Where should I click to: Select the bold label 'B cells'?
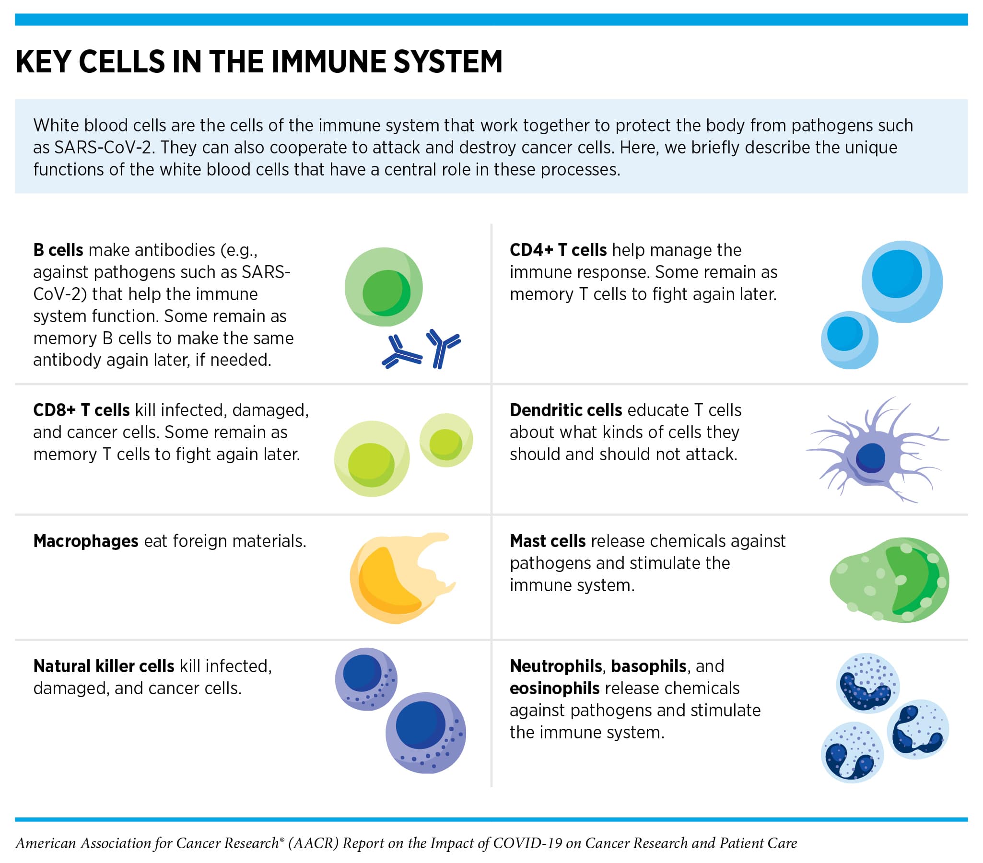tap(58, 250)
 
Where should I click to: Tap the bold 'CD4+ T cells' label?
tap(558, 250)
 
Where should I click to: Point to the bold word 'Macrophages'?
tap(86, 541)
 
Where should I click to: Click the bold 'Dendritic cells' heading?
tap(565, 410)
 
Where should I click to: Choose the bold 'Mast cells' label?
tap(547, 541)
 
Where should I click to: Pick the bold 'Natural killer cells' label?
tap(104, 666)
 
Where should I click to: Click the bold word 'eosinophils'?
tap(554, 688)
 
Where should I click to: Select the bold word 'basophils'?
tap(648, 666)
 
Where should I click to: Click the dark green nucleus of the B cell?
tap(386, 293)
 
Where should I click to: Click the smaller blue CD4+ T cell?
tap(849, 339)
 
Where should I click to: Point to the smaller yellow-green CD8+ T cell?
tap(446, 441)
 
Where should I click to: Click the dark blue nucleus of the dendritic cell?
tap(870, 458)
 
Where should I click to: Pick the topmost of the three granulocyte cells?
tap(868, 683)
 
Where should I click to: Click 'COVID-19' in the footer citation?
tap(527, 843)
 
